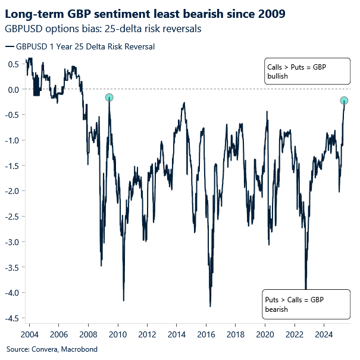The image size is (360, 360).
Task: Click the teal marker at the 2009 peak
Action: point(109,98)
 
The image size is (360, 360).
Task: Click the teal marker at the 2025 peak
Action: point(344,100)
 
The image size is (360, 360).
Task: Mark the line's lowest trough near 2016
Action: point(210,306)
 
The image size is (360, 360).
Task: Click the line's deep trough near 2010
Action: point(123,300)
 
